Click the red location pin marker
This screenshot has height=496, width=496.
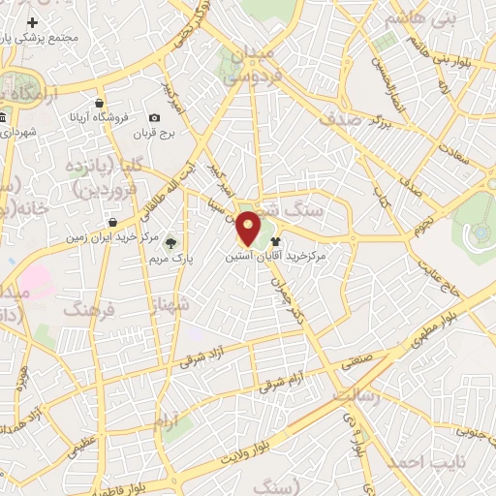pyautogui.click(x=249, y=228)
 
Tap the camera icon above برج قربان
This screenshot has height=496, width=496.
pyautogui.click(x=156, y=118)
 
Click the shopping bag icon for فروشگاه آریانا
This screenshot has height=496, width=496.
pyautogui.click(x=101, y=103)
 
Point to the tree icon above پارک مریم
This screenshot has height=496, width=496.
pyautogui.click(x=171, y=242)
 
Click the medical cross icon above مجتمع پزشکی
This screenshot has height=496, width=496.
pyautogui.click(x=33, y=21)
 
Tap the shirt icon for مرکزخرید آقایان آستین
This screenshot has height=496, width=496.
pyautogui.click(x=275, y=241)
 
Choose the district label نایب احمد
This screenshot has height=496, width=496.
pyautogui.click(x=426, y=463)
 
